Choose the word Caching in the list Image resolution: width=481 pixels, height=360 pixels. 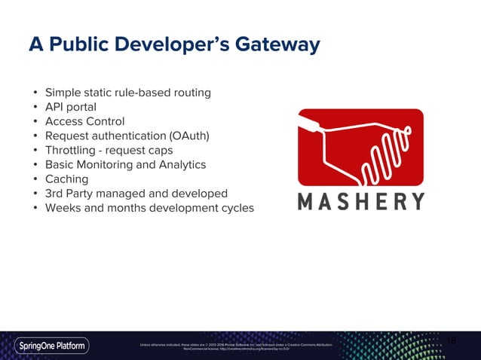point(66,179)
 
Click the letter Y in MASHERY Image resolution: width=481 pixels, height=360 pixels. point(415,201)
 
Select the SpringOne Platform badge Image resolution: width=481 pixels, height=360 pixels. point(52,346)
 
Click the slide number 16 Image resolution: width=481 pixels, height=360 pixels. point(452,341)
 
